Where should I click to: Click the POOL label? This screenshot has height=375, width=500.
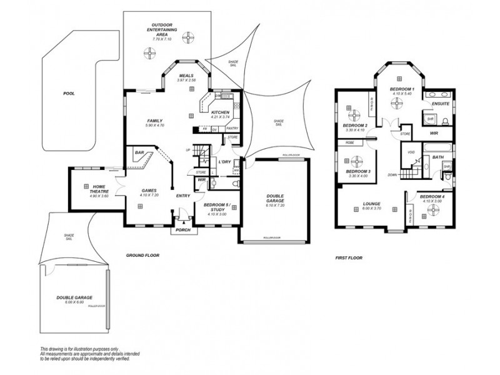69,93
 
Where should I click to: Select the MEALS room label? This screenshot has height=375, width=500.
186,76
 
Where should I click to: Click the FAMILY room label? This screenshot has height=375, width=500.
155,121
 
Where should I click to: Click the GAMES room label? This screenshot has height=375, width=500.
149,191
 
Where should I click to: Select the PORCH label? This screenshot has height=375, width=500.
182,229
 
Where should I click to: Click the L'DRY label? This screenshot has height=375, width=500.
226,162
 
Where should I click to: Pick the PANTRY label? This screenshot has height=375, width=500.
232,127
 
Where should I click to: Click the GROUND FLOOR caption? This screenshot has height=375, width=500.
143,256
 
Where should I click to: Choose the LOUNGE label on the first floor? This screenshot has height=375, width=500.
372,203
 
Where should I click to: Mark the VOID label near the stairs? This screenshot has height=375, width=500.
411,152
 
